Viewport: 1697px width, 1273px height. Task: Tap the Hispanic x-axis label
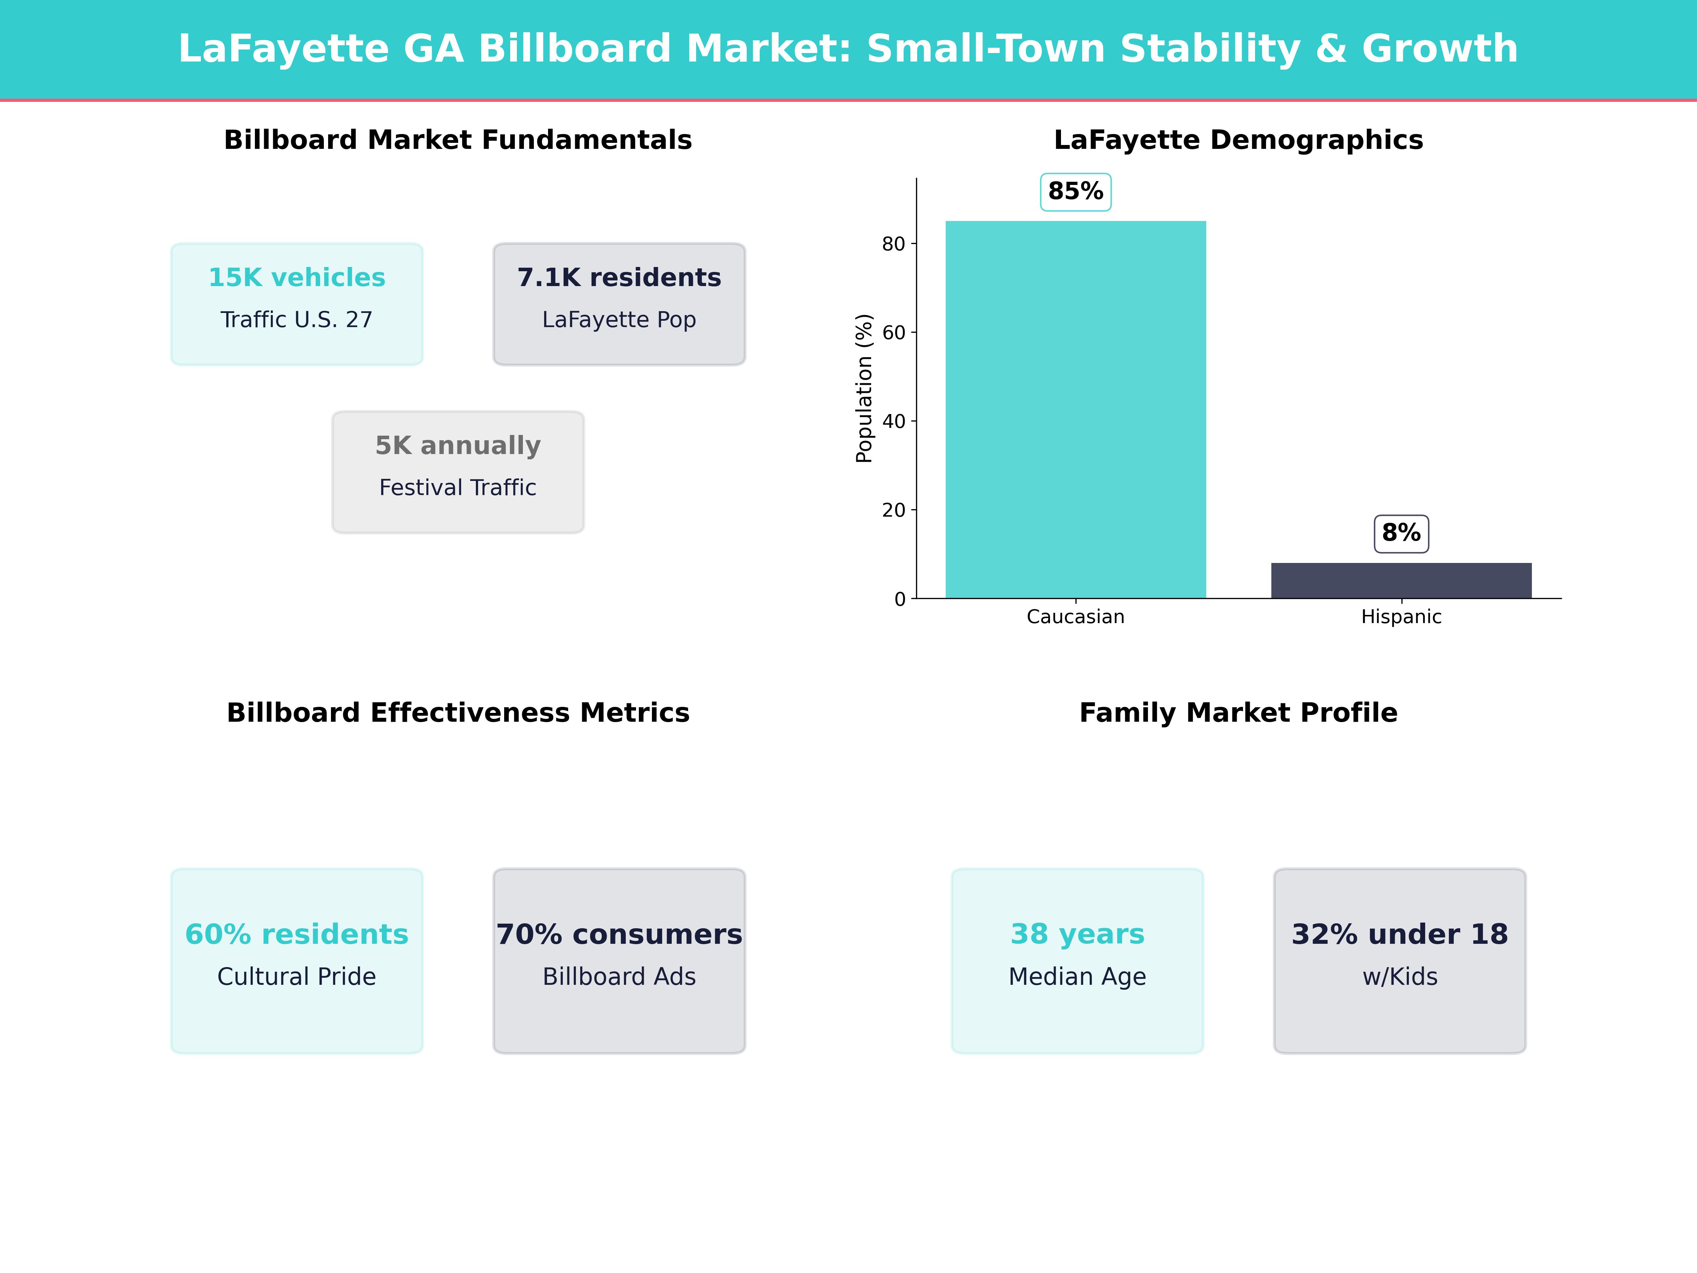(1401, 617)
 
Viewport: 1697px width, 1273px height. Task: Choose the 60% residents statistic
(297, 935)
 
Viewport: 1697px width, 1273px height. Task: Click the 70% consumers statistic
(619, 935)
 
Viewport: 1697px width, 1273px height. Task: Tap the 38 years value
(1077, 935)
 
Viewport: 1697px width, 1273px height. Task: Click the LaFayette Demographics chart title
(1238, 140)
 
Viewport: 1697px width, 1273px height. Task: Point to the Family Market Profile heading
(1238, 713)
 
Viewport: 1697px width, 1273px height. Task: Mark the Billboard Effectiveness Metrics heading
(458, 713)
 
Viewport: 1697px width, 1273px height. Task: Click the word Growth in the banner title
(1440, 49)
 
